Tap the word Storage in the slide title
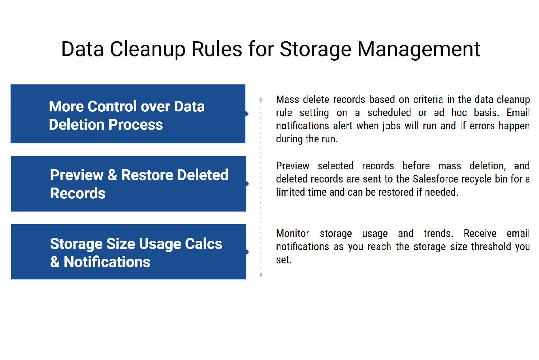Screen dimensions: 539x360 (315, 50)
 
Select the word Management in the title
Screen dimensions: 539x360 (418, 49)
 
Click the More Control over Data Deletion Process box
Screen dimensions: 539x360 (128, 114)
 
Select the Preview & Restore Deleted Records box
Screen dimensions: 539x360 (129, 184)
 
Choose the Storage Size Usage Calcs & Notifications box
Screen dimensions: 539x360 (129, 251)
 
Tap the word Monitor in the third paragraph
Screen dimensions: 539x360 (293, 233)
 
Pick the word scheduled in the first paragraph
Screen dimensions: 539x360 (389, 113)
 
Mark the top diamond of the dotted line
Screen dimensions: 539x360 (261, 100)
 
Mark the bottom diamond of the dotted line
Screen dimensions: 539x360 (261, 275)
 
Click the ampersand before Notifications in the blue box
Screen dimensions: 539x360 (55, 262)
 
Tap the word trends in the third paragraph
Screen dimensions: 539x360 (438, 233)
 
